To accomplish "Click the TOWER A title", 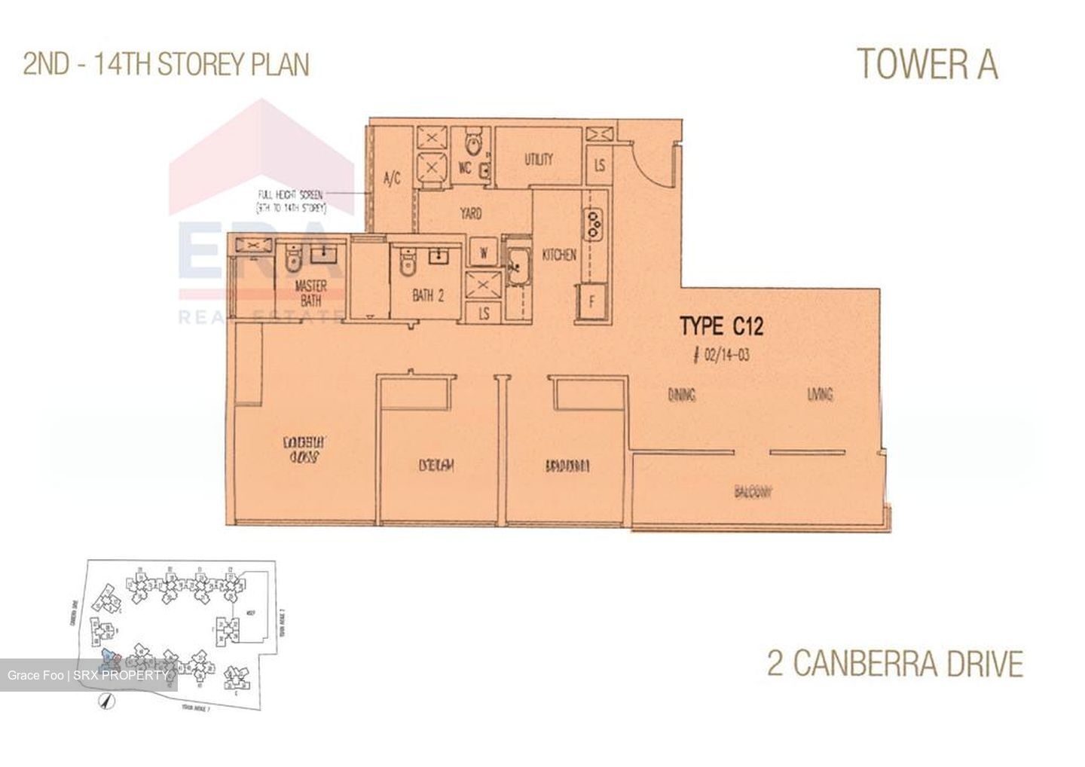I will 928,64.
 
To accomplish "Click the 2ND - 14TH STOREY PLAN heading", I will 167,65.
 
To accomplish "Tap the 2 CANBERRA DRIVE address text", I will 895,665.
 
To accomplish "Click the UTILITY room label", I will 539,160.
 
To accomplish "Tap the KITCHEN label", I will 559,255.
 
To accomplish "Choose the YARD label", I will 471,214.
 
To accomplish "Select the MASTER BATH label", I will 310,293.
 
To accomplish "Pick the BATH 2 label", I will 428,296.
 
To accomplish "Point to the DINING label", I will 681,394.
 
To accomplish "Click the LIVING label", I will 820,394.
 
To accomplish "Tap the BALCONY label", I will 753,493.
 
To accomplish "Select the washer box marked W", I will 482,252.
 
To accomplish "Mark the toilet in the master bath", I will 292,261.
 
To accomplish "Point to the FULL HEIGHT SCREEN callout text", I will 290,200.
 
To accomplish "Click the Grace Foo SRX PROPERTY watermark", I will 87,675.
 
